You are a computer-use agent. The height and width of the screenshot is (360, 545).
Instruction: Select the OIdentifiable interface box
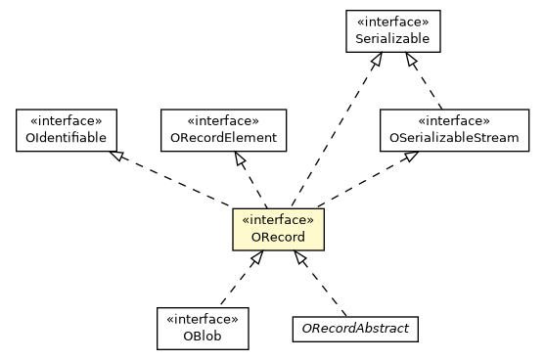click(67, 130)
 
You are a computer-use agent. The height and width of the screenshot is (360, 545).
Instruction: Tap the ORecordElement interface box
click(223, 130)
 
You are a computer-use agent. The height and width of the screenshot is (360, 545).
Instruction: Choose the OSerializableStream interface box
click(455, 130)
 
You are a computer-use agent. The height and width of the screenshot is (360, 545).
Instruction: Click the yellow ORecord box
click(278, 229)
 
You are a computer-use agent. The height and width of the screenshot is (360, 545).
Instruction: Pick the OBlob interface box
click(203, 329)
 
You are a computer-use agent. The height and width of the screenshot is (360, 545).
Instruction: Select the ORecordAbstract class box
click(355, 329)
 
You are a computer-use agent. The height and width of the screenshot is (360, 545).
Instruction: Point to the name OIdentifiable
click(67, 139)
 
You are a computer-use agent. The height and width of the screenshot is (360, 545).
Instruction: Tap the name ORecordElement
click(223, 139)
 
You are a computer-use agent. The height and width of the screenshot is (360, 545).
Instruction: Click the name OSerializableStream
click(455, 139)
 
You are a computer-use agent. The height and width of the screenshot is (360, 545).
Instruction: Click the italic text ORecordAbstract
click(355, 329)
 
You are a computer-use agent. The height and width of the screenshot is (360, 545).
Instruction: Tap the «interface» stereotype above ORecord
click(278, 220)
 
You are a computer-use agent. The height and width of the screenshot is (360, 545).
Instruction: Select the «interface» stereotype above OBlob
click(203, 320)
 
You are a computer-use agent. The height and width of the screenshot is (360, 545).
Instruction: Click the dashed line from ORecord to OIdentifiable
click(176, 181)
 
